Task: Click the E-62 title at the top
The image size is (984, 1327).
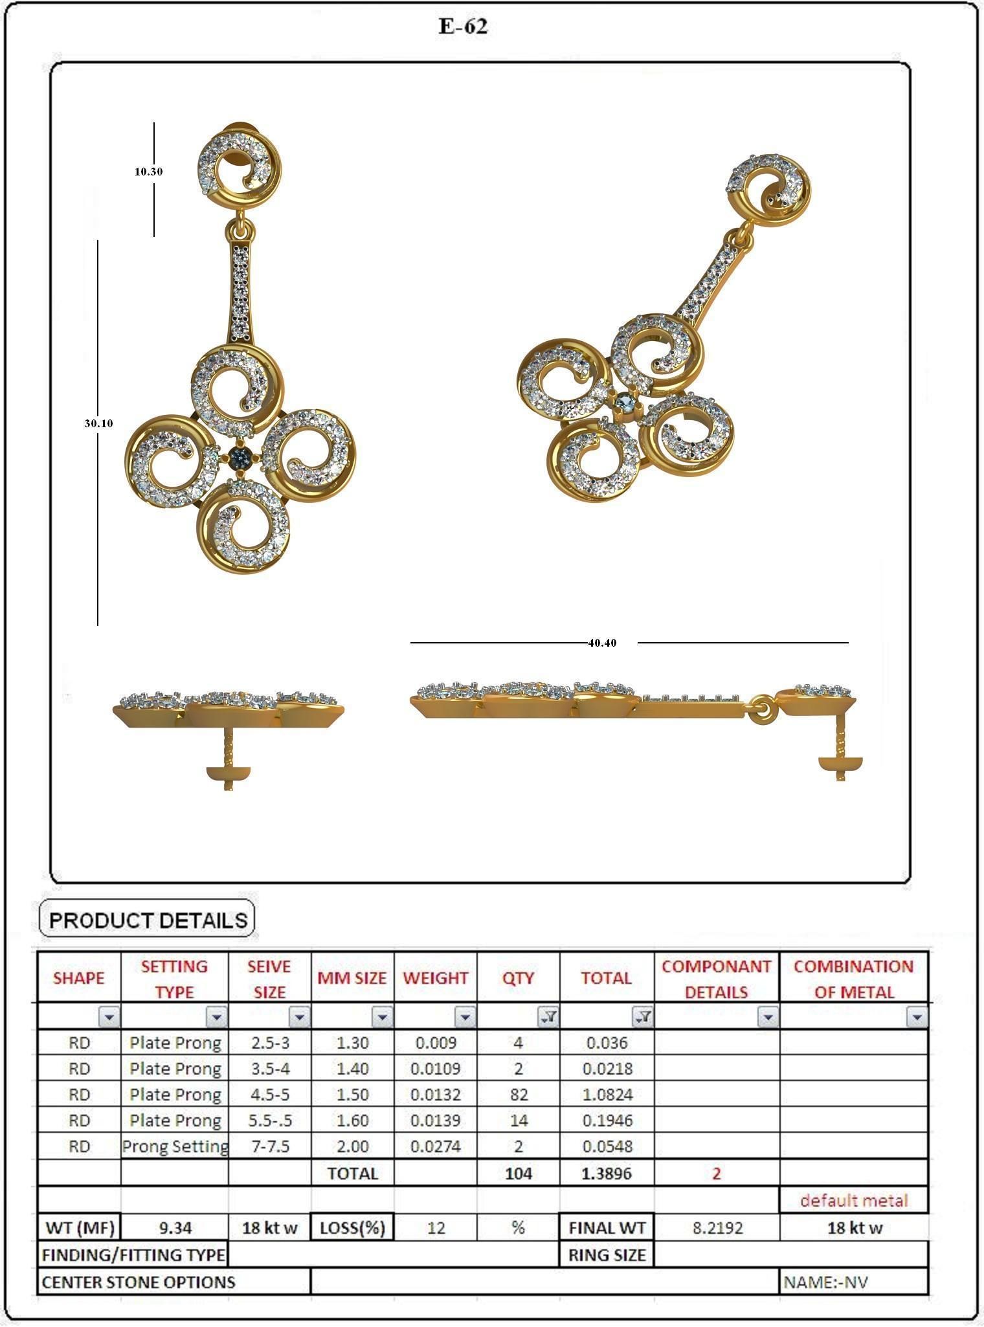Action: click(x=463, y=27)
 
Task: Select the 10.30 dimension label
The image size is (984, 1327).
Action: click(x=148, y=172)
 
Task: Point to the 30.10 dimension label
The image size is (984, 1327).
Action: click(x=98, y=423)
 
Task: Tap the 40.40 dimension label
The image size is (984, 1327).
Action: click(x=602, y=643)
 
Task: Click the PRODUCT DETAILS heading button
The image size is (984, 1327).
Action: click(x=148, y=920)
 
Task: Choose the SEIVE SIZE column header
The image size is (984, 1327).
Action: click(x=269, y=979)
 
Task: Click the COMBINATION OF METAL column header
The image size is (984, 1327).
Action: click(x=854, y=979)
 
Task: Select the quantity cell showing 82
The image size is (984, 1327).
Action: click(x=518, y=1095)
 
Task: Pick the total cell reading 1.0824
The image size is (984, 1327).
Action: click(x=607, y=1095)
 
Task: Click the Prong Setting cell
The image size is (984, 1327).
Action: click(x=175, y=1146)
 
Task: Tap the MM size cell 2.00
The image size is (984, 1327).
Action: click(x=352, y=1146)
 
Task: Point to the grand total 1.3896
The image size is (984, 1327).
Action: click(x=607, y=1173)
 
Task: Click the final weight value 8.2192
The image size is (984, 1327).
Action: click(x=717, y=1227)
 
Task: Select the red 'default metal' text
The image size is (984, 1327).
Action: click(x=854, y=1201)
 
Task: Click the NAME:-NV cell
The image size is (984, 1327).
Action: click(x=826, y=1282)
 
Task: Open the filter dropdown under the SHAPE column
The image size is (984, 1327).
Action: click(x=109, y=1018)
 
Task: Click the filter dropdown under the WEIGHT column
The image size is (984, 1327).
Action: click(x=465, y=1018)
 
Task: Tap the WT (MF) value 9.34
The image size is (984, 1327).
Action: click(x=175, y=1227)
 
